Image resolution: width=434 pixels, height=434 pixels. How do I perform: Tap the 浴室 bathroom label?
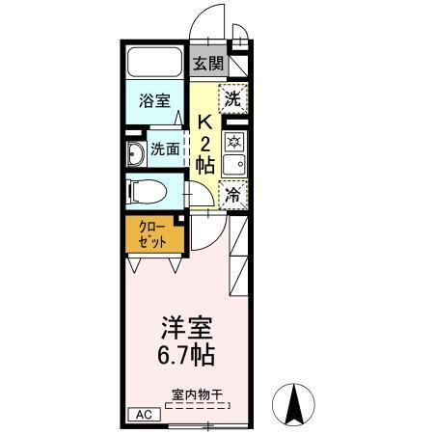pos(154,100)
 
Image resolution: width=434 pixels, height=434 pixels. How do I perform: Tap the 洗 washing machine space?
pos(232,98)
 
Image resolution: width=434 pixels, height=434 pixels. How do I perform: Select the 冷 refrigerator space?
pos(232,194)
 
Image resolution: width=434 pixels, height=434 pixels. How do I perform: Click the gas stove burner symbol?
pos(232,141)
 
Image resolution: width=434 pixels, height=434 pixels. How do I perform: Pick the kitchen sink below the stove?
pos(232,165)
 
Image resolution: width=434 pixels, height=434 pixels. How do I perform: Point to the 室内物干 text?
pos(197,394)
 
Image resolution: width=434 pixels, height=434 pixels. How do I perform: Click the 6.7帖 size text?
pos(187,354)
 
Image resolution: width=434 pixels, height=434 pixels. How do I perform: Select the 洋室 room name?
pos(187,326)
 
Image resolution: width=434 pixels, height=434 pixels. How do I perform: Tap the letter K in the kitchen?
pos(204,122)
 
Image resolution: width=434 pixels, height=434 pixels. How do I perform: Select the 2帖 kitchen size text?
pos(204,154)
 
